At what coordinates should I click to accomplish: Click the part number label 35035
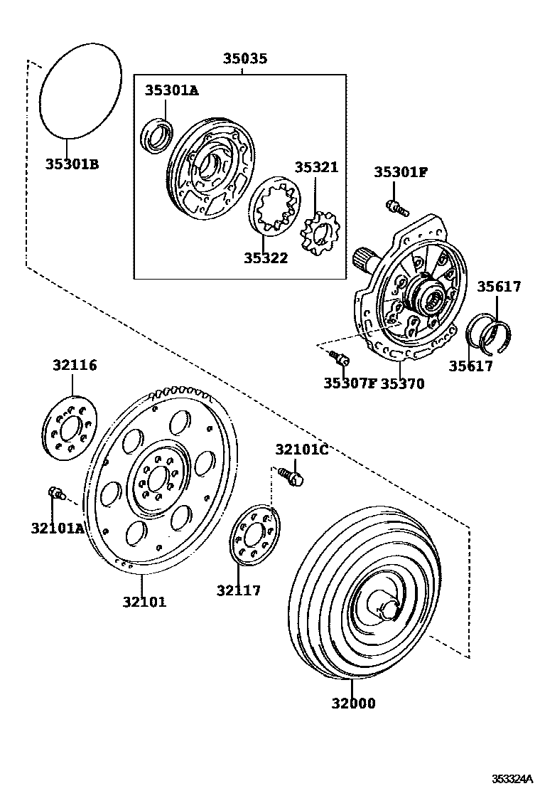click(x=245, y=59)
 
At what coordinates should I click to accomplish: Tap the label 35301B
click(x=72, y=164)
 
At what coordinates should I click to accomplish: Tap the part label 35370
click(x=401, y=384)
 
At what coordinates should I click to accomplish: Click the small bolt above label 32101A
click(x=55, y=492)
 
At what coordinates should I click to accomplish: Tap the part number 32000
click(x=352, y=704)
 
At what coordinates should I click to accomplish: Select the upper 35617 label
click(x=498, y=287)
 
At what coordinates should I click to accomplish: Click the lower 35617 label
click(x=470, y=366)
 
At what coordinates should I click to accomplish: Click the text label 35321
click(x=316, y=168)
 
